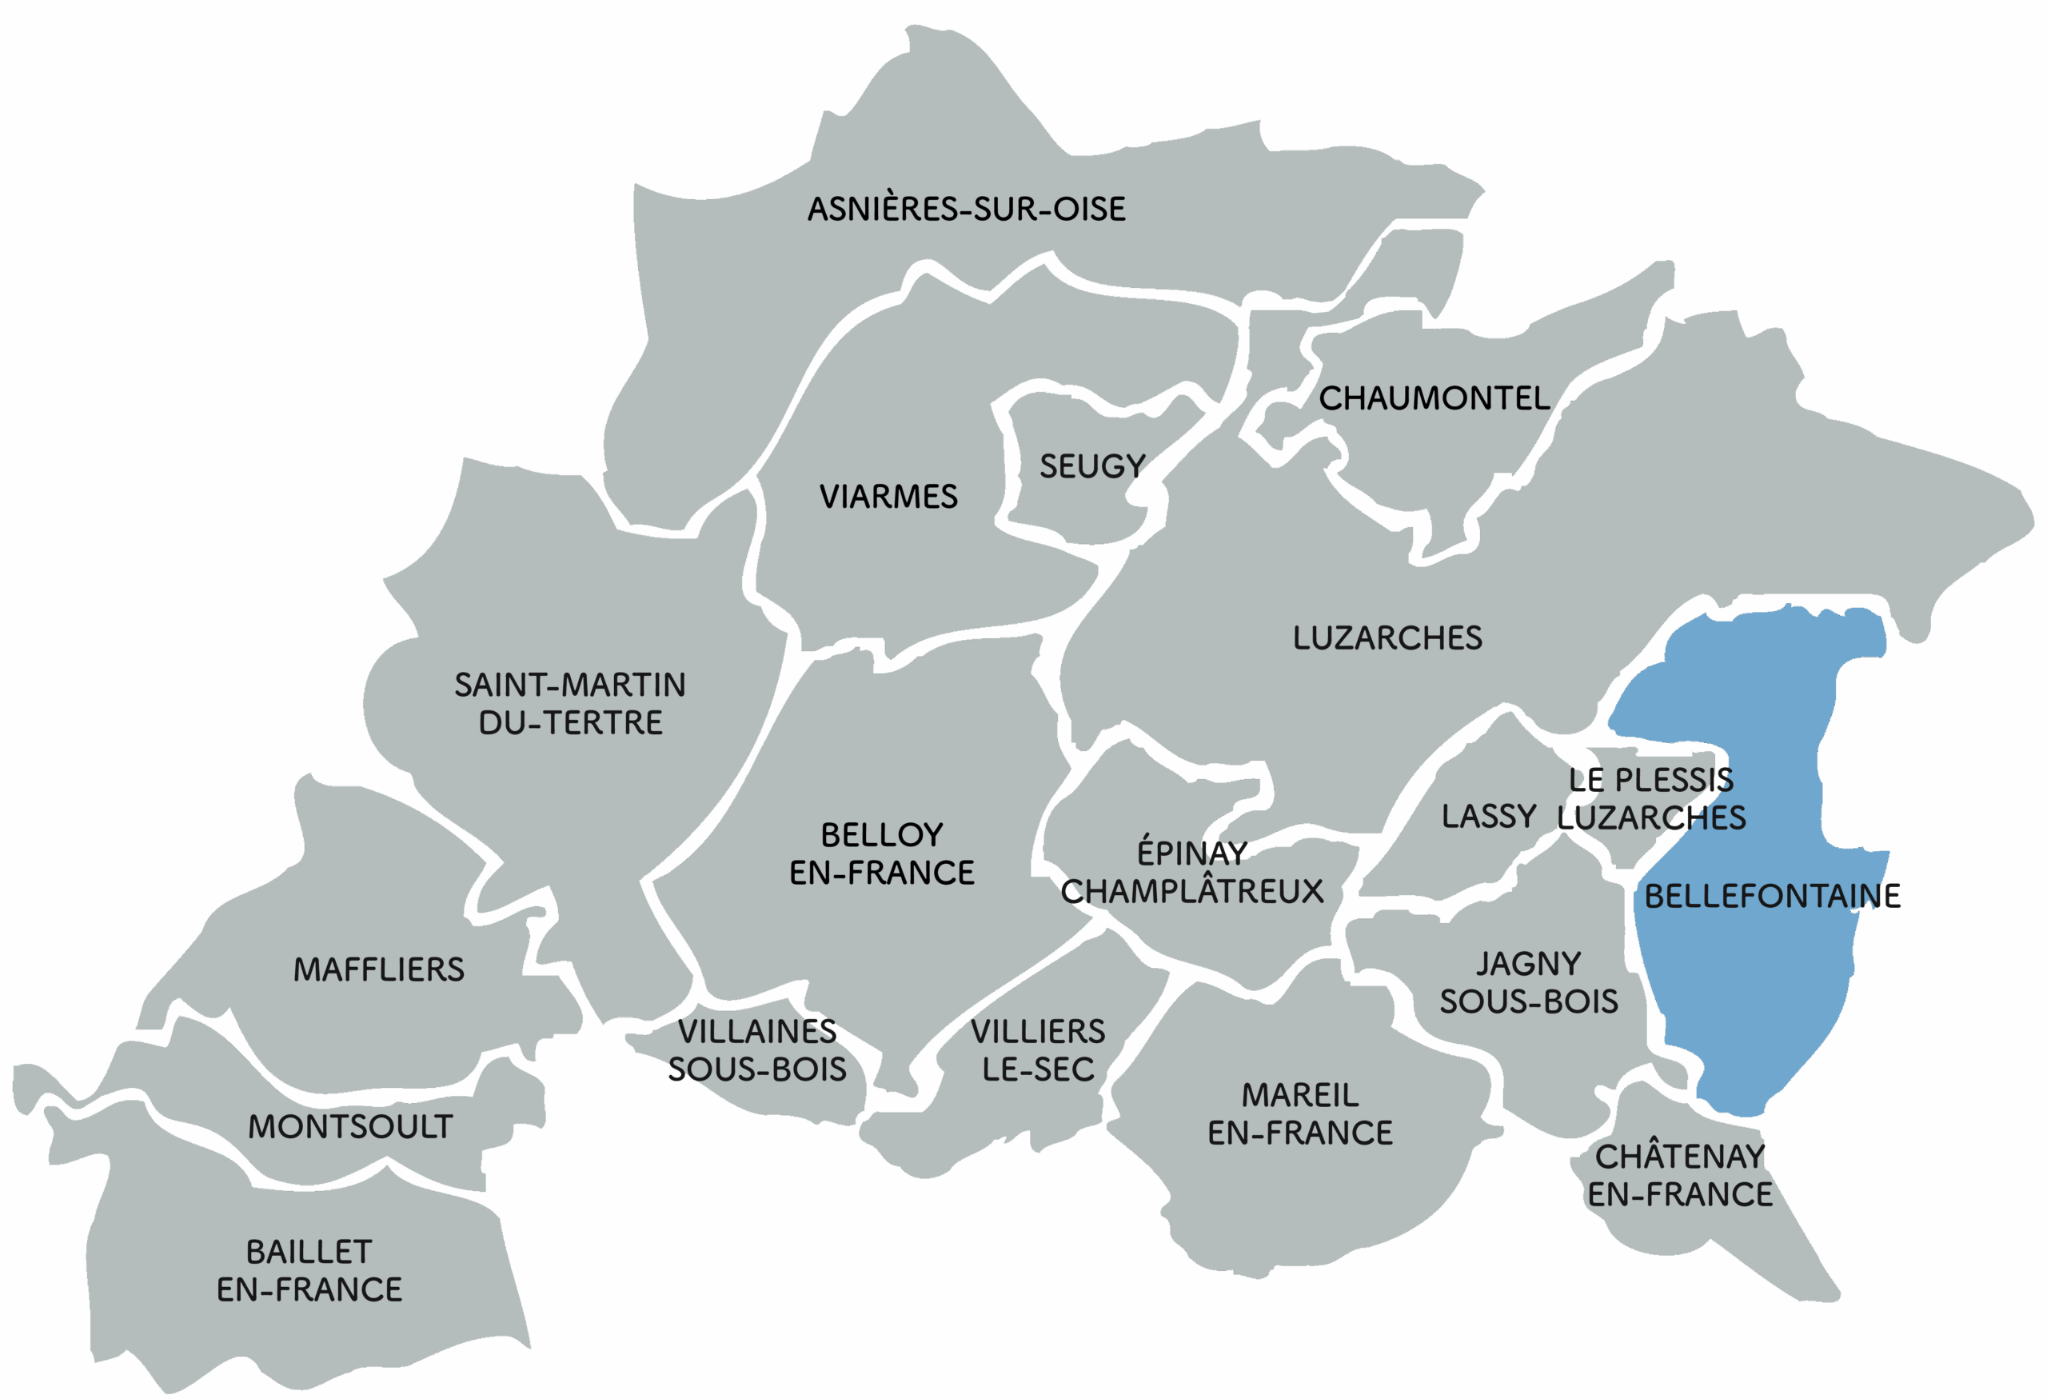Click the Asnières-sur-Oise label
pyautogui.click(x=966, y=210)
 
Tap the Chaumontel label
pyautogui.click(x=1434, y=399)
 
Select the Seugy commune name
pyautogui.click(x=1092, y=466)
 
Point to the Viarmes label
pyautogui.click(x=888, y=497)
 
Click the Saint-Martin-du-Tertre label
pyautogui.click(x=570, y=704)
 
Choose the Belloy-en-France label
pyautogui.click(x=882, y=853)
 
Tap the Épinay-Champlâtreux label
pyautogui.click(x=1191, y=872)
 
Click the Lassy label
pyautogui.click(x=1489, y=817)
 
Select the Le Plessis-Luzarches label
pyautogui.click(x=1650, y=799)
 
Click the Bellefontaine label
pyautogui.click(x=1772, y=897)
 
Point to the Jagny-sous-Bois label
pyautogui.click(x=1529, y=982)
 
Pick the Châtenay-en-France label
pyautogui.click(x=1680, y=1175)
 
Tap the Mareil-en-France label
pyautogui.click(x=1300, y=1113)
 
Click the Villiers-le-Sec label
pyautogui.click(x=1038, y=1050)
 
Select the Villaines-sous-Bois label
pyautogui.click(x=756, y=1050)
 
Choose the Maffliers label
pyautogui.click(x=379, y=970)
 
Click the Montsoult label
pyautogui.click(x=349, y=1127)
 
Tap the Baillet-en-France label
pyautogui.click(x=309, y=1270)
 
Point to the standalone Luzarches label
pyautogui.click(x=1387, y=638)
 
